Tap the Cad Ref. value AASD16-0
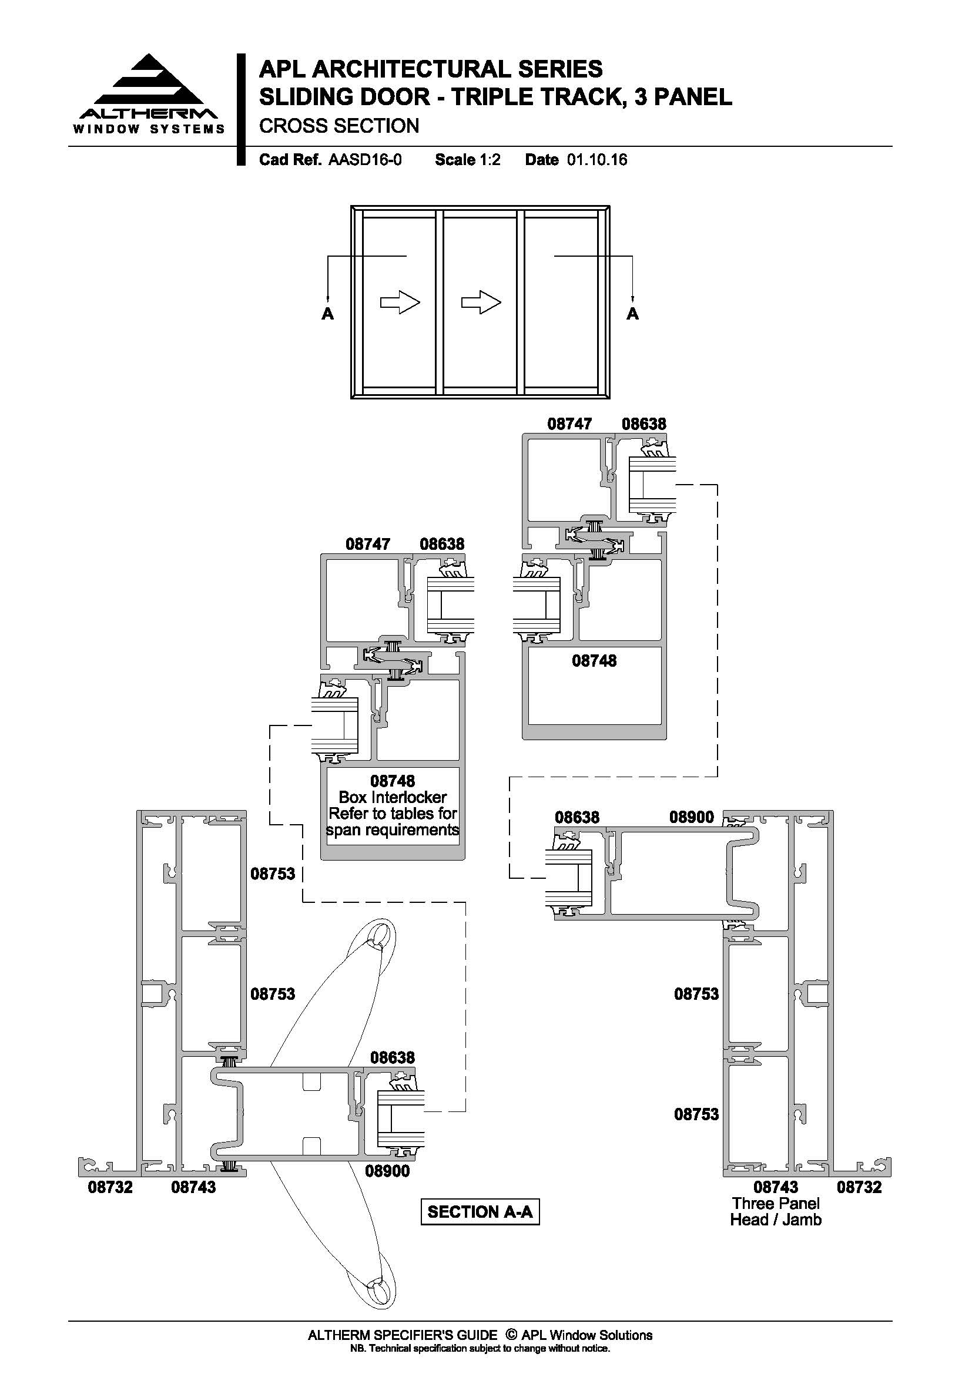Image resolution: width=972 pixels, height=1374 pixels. click(x=365, y=160)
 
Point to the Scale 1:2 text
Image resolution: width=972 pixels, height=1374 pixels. click(x=467, y=160)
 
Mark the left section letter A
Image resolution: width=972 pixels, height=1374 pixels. click(x=327, y=314)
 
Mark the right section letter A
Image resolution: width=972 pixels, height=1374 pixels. click(x=633, y=314)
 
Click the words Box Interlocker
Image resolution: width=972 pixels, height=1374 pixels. click(x=393, y=797)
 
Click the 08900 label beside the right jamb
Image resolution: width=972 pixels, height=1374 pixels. click(x=691, y=817)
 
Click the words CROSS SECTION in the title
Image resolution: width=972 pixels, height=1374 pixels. click(x=338, y=126)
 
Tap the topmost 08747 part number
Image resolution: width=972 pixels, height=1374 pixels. click(x=569, y=424)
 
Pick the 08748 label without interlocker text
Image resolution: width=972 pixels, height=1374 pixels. click(x=594, y=661)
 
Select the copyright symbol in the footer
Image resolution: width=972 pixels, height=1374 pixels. click(x=511, y=1335)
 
